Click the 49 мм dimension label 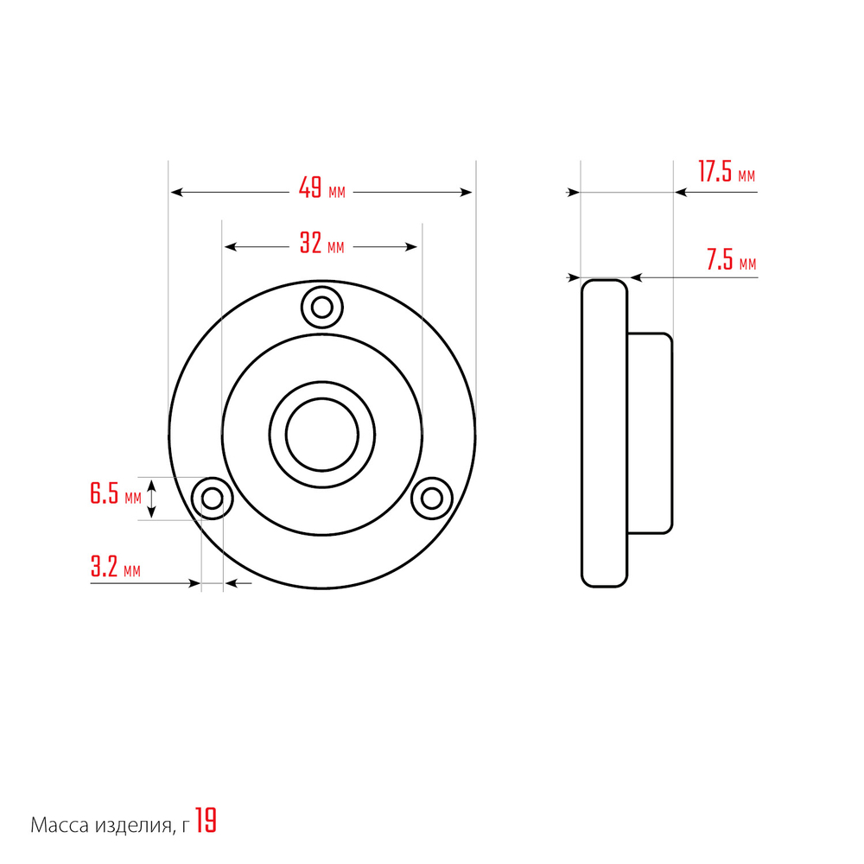coord(321,187)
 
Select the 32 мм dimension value coord(321,243)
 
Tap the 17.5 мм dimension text coord(727,171)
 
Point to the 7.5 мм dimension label coord(731,259)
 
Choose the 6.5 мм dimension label coord(116,493)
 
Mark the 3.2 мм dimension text coord(115,567)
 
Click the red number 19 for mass coord(206,821)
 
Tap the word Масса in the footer coord(60,825)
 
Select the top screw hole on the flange coord(322,307)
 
